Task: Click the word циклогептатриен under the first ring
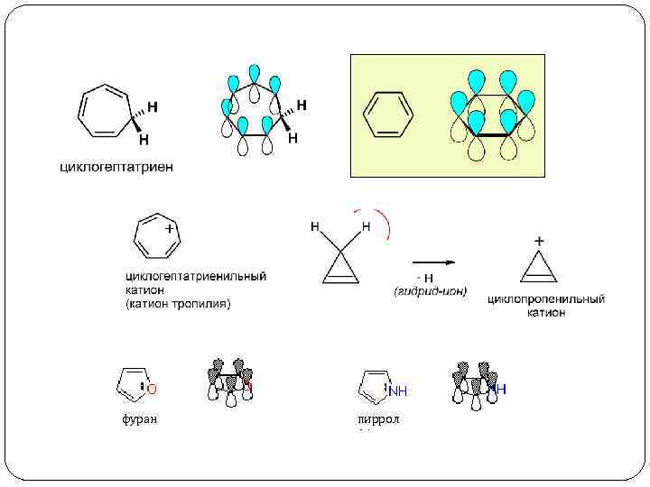(x=116, y=166)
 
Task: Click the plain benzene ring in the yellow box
(x=387, y=115)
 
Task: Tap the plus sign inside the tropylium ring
(x=169, y=229)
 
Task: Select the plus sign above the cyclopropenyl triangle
(x=540, y=242)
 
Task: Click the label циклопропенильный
(x=546, y=299)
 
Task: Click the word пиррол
(x=378, y=419)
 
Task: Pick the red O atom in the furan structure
(x=152, y=390)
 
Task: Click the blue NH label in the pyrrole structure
(x=398, y=391)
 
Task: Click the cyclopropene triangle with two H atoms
(x=339, y=261)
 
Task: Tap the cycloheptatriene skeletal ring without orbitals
(x=106, y=113)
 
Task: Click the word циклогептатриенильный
(x=195, y=277)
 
